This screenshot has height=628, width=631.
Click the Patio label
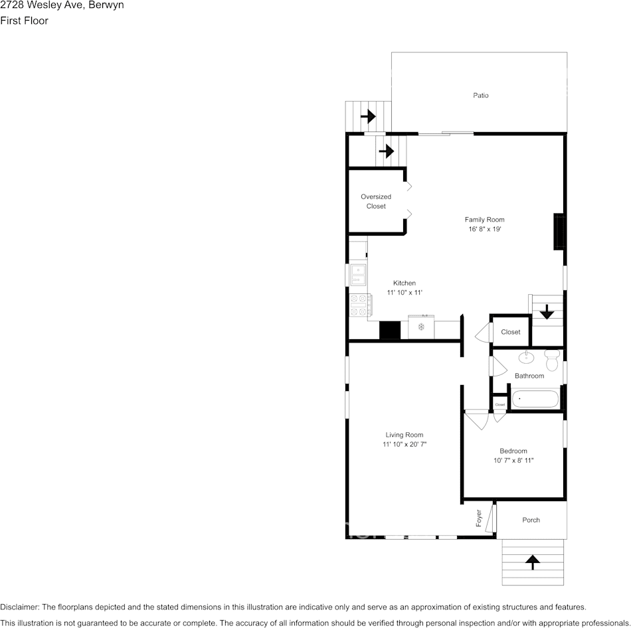(480, 96)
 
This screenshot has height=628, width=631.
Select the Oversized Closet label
(376, 201)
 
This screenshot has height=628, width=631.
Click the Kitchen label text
(404, 283)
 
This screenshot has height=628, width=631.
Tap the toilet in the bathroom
(551, 360)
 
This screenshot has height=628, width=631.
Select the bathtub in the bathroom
(535, 400)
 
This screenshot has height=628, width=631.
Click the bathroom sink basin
(526, 358)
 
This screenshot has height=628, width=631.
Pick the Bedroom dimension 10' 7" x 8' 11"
(513, 460)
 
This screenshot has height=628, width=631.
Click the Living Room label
(404, 435)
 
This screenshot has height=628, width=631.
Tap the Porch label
(531, 520)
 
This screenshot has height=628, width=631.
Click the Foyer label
(479, 518)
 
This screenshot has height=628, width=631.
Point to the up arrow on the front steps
(532, 562)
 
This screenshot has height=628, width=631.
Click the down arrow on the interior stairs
(546, 311)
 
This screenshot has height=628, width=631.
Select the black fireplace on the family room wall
(559, 232)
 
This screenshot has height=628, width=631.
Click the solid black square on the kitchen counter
(390, 330)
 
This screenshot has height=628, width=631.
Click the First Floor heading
(24, 21)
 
